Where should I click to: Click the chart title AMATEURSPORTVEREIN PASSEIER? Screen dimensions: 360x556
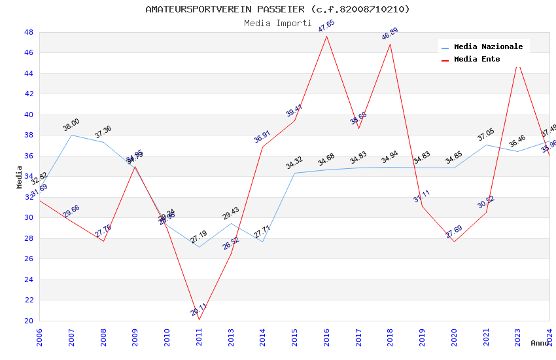[277, 9]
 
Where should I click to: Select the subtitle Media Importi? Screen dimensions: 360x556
[277, 23]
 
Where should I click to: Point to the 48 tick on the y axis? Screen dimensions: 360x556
[29, 32]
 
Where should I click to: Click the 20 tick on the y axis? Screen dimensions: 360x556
[29, 321]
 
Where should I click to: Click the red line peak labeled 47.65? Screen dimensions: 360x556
[326, 35]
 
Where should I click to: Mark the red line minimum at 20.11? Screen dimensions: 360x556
[199, 319]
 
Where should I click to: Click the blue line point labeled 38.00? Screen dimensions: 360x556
[71, 135]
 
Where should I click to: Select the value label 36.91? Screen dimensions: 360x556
[262, 137]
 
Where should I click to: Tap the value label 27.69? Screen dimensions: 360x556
[454, 232]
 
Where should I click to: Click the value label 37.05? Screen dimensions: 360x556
[486, 135]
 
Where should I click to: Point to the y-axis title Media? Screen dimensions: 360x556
[19, 177]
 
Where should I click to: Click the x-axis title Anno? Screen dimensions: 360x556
[540, 343]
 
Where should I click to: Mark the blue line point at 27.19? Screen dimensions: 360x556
[199, 247]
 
